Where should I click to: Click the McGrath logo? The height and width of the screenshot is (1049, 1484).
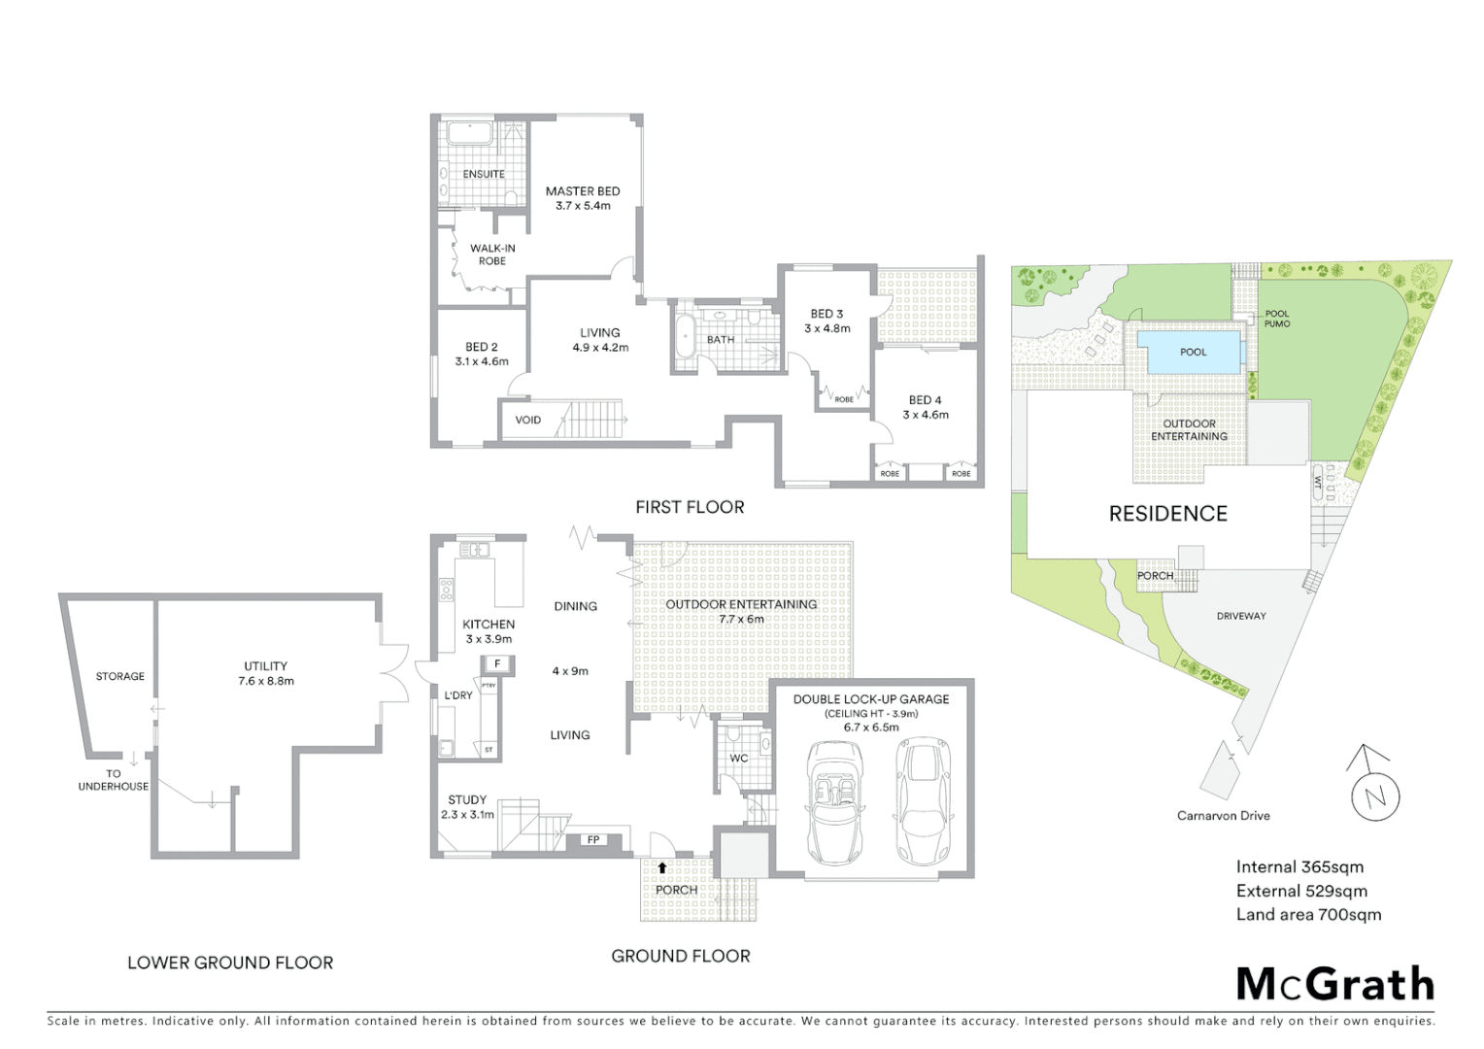1334,984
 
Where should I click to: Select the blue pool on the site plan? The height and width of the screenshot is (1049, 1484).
1193,352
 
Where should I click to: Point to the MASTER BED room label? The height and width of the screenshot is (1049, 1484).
583,191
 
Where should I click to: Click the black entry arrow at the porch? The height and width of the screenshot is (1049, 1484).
662,867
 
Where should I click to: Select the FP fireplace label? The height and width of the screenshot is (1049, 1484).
592,839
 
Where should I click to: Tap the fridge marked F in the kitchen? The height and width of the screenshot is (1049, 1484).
498,663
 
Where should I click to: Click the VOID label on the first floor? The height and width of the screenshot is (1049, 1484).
528,421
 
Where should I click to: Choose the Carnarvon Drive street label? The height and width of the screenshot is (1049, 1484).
1223,816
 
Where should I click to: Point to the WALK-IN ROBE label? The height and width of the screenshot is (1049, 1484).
492,254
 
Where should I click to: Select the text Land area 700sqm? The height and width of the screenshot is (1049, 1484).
1308,914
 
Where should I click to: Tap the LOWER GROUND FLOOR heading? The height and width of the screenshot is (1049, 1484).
230,963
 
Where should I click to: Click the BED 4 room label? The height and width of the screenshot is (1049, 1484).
925,400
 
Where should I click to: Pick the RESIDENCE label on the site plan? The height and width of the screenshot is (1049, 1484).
1167,514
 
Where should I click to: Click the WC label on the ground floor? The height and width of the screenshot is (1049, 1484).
738,758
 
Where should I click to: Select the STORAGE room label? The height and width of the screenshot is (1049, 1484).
119,676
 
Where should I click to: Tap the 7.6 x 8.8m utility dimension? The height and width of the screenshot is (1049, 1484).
266,681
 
